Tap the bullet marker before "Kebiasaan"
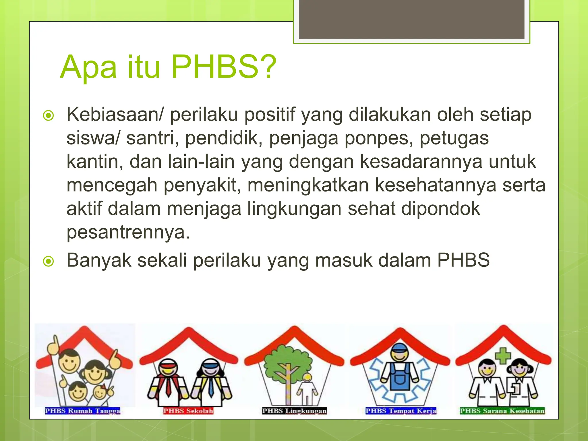(48, 116)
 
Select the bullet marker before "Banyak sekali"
(48, 261)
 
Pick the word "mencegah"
(112, 185)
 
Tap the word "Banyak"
(99, 260)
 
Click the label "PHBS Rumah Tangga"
(82, 411)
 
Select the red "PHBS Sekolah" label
(188, 411)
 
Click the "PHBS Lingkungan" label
(294, 411)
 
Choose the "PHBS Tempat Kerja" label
(401, 411)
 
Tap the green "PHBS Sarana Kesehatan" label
(502, 411)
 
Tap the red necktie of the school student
(169, 385)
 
